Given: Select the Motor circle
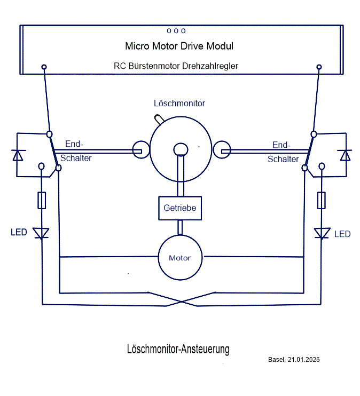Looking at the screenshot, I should pos(180,258).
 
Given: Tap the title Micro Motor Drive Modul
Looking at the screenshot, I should pos(179,46).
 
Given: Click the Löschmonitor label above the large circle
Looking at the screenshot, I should pos(179,103).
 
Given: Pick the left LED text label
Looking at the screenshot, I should pos(19,233).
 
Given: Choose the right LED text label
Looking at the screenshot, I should pos(342,234).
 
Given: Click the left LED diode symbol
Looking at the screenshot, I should pos(41,233).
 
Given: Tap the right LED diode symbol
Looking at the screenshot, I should pos(322,233).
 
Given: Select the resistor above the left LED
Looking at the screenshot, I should pos(42,201).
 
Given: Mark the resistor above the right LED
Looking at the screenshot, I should pos(322,201).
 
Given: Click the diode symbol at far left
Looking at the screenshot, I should pos(18,155).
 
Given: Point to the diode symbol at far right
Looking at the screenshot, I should pos(346,155).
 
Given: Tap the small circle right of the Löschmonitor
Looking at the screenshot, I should pos(222,151).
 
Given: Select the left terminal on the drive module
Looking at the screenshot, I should pos(44,67).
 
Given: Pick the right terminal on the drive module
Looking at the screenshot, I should pos(319,67).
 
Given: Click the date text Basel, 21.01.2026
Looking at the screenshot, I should pos(294,360).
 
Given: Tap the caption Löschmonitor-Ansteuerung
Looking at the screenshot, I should pos(178,350).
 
